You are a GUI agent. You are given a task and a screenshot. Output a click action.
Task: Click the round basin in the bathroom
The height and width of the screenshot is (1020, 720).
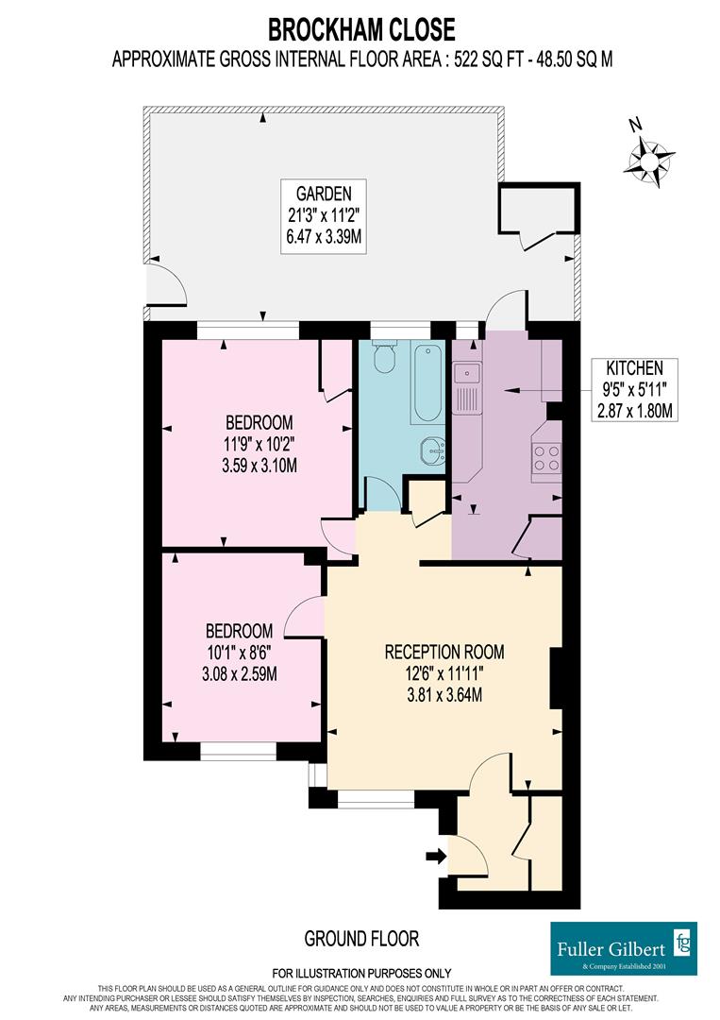(x=432, y=450)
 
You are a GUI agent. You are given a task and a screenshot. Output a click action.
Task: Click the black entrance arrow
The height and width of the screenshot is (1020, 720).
(x=435, y=857)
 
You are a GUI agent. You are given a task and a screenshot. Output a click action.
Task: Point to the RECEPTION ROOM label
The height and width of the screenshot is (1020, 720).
(x=444, y=652)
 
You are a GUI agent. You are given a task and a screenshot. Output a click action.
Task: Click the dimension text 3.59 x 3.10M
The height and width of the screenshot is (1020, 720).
(x=259, y=465)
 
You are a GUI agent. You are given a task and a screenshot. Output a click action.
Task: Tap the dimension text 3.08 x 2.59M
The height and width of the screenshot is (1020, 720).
(x=240, y=673)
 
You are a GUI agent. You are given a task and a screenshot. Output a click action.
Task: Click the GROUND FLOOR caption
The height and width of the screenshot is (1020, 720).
(x=361, y=939)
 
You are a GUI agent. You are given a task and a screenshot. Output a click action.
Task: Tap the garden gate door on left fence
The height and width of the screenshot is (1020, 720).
(x=162, y=283)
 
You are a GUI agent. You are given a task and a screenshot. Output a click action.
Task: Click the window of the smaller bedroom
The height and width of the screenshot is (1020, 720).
(x=238, y=751)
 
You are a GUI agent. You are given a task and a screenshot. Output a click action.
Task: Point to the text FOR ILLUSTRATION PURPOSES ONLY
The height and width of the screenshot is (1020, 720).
(x=361, y=973)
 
